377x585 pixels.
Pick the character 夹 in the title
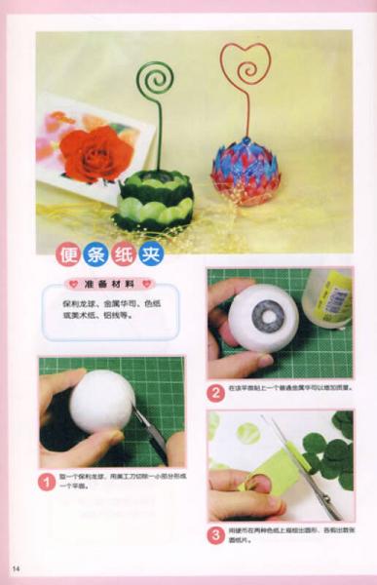pyautogui.click(x=152, y=254)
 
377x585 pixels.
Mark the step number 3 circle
pyautogui.click(x=216, y=534)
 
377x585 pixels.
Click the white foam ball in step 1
pyautogui.click(x=102, y=401)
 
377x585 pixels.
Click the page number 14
pyautogui.click(x=17, y=568)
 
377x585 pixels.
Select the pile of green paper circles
pyautogui.click(x=331, y=454)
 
